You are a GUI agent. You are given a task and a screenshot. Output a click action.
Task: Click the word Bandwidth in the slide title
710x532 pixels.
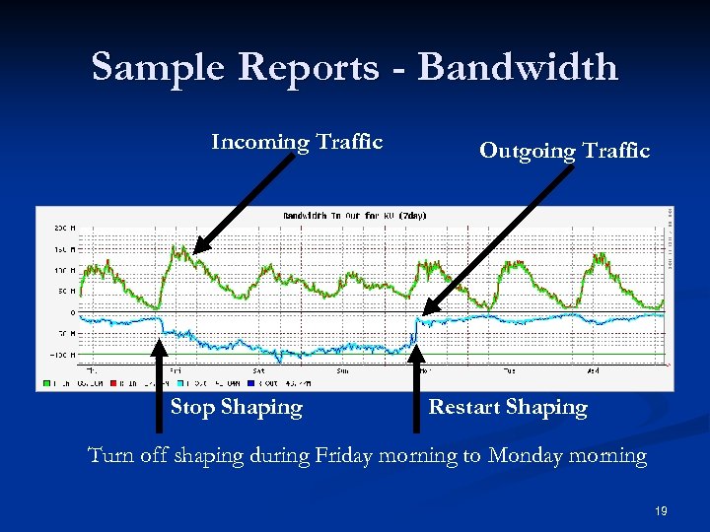518,67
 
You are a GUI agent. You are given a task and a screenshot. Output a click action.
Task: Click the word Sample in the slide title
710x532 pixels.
161,67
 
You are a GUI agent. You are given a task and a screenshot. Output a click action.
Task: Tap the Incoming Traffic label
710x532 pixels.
296,142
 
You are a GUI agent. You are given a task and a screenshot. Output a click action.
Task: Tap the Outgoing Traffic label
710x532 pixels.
564,151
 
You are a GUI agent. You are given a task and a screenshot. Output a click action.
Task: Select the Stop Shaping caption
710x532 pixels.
236,407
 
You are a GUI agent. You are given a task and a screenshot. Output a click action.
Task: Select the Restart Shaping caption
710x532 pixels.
507,407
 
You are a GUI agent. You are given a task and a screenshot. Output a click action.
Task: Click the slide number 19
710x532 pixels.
661,511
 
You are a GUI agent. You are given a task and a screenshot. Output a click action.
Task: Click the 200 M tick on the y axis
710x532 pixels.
61,228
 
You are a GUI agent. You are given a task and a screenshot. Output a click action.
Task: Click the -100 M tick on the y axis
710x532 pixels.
59,354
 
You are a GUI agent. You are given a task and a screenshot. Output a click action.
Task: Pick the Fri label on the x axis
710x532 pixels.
176,371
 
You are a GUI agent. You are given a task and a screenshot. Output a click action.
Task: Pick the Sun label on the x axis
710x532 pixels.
342,371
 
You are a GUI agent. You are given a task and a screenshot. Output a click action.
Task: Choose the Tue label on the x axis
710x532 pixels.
509,371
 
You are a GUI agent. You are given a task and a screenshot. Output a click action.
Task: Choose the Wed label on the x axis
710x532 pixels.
592,371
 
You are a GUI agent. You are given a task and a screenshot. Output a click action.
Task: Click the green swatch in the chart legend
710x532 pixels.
43,382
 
